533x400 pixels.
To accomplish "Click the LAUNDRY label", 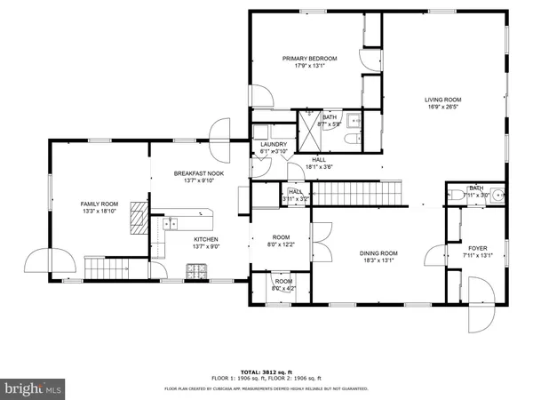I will [273, 144].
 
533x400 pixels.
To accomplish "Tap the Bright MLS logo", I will [34, 388].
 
